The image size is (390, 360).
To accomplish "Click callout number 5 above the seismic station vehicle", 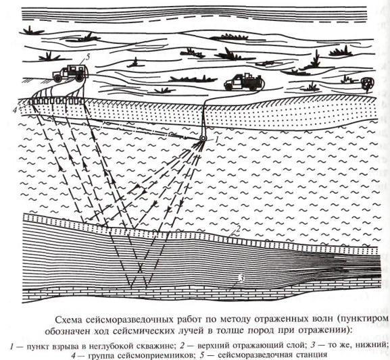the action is [x=87, y=57].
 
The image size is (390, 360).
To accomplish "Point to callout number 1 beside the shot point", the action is [x=216, y=140].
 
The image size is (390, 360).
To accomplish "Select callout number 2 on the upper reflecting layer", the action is [x=238, y=229].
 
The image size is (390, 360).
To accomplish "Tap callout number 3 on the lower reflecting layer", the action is [x=241, y=279].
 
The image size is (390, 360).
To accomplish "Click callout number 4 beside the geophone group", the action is [x=15, y=110].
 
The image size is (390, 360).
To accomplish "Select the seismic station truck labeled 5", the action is [x=70, y=73].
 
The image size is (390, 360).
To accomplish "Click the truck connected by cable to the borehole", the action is [x=243, y=82].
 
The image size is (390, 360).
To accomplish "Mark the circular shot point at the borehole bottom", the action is [x=203, y=139].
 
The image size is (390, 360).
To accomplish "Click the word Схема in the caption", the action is [x=66, y=320].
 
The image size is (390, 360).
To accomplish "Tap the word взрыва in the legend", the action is [x=63, y=346].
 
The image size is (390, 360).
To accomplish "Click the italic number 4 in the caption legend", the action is [x=74, y=355].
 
